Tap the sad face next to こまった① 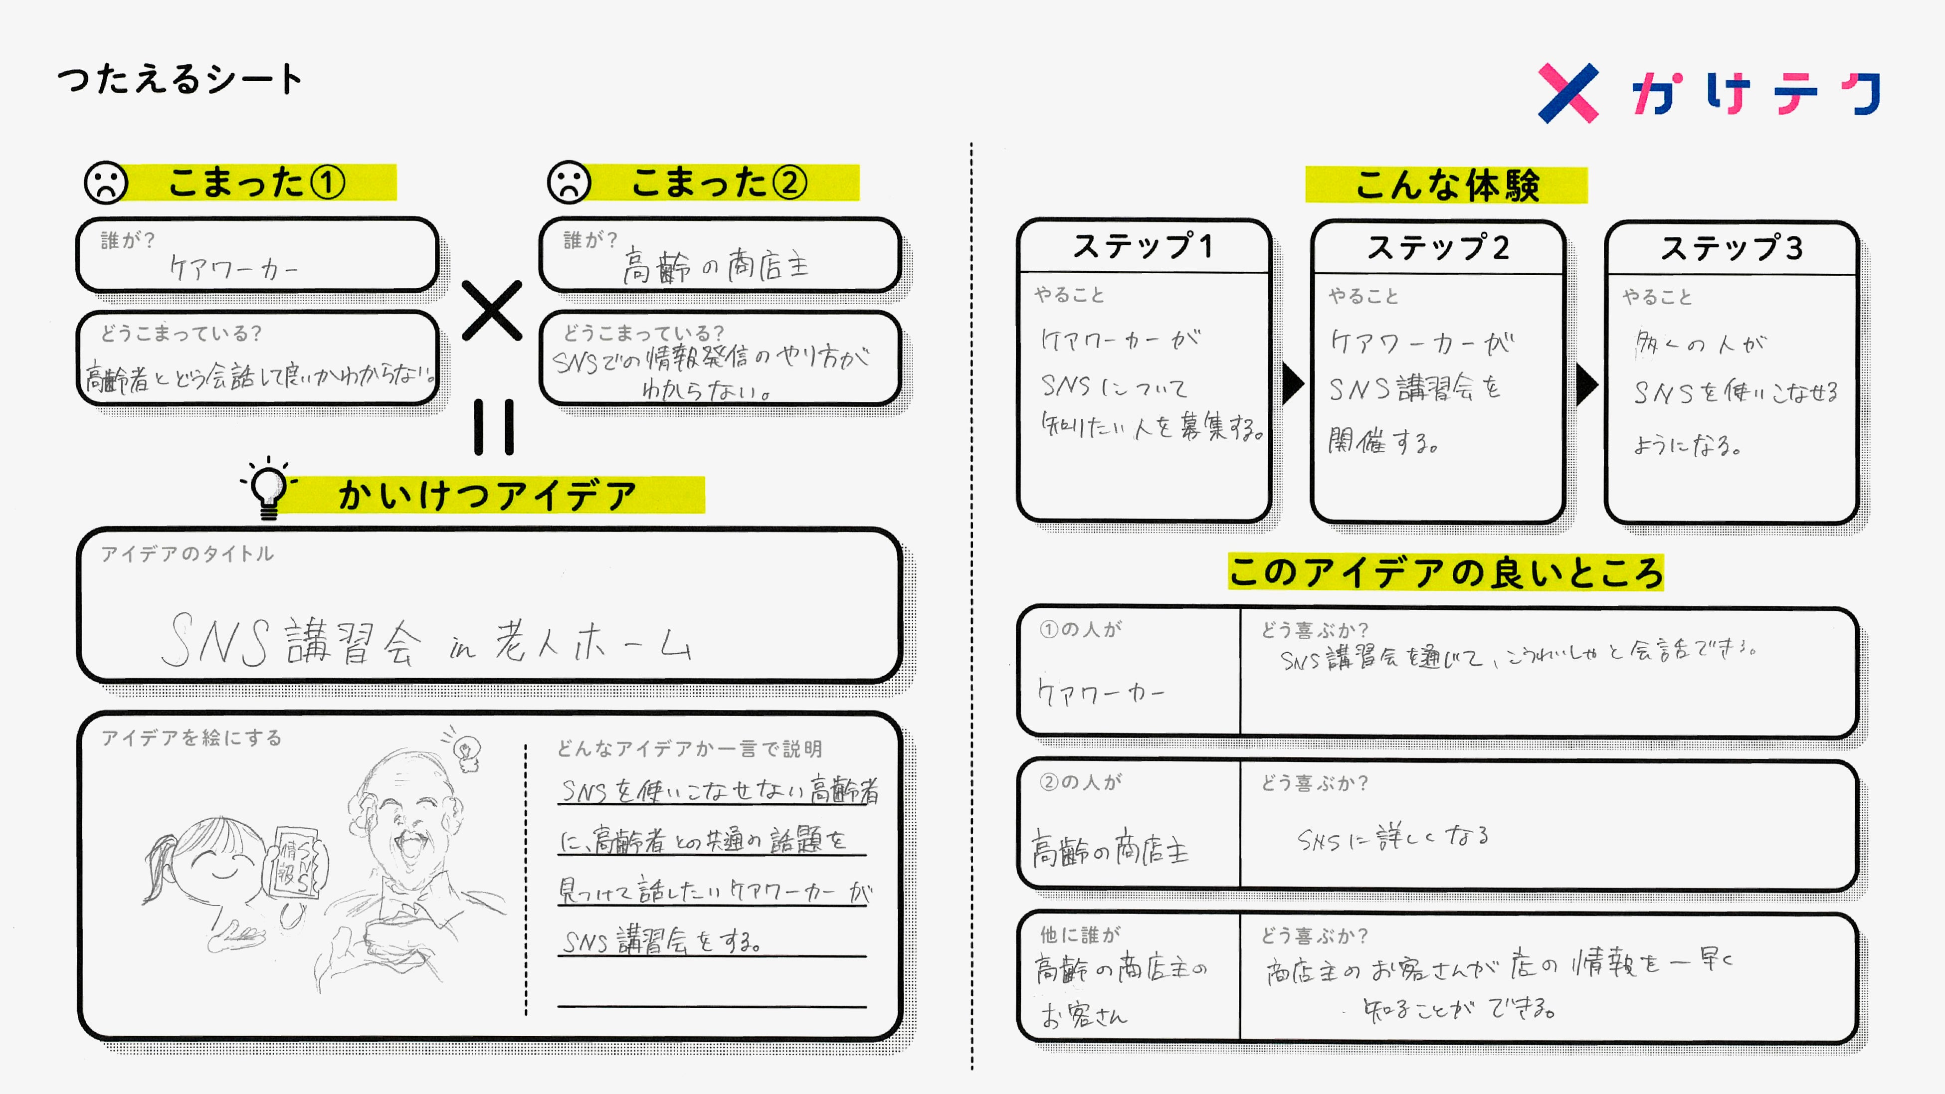coord(106,182)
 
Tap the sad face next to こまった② coord(569,182)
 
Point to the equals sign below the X coord(494,426)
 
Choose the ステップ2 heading coord(1438,248)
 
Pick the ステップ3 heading coord(1732,248)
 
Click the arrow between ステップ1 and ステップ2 coord(1293,383)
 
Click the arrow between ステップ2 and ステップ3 coord(1586,385)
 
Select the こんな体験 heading coord(1446,185)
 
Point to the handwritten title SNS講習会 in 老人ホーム coord(426,642)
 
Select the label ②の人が coord(1080,782)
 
